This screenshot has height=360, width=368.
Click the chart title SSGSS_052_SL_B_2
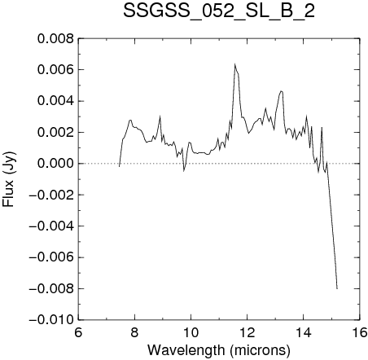[x=219, y=11]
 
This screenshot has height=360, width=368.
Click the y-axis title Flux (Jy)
[x=8, y=179]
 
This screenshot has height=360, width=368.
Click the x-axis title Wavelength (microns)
[x=219, y=350]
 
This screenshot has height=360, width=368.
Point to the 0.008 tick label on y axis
[x=55, y=39]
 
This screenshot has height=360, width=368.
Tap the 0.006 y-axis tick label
[x=55, y=70]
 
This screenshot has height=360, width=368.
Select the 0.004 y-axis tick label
[x=55, y=101]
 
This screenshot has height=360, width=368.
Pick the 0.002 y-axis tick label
[x=55, y=133]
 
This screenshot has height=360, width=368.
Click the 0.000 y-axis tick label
[x=55, y=164]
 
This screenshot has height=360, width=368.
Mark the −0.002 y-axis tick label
[x=51, y=195]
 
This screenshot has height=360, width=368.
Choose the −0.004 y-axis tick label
[x=51, y=226]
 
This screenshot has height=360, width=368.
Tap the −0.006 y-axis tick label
[x=51, y=257]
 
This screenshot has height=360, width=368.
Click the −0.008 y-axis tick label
[x=51, y=288]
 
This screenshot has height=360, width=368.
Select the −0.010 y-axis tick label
[x=51, y=320]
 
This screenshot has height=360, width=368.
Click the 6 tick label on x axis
[x=78, y=332]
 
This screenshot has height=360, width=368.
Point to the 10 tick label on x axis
[x=191, y=332]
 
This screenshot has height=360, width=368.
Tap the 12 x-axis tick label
[x=248, y=332]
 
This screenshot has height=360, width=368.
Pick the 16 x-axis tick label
[x=360, y=332]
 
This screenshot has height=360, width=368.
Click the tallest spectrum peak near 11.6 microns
[x=234, y=64]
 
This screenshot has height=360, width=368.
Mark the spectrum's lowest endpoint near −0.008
[x=337, y=289]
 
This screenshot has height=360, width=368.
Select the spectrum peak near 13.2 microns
[x=281, y=91]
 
